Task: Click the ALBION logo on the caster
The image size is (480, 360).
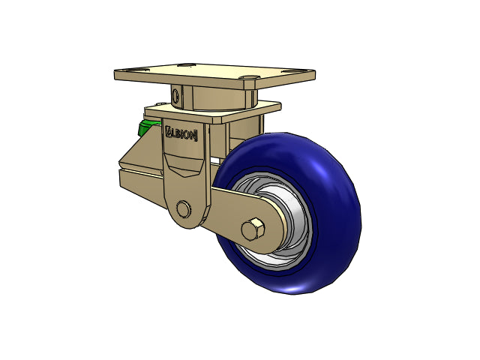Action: (x=181, y=134)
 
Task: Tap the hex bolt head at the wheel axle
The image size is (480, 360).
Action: (x=253, y=229)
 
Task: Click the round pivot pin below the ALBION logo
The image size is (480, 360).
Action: (x=183, y=209)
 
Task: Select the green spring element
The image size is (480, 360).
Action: (x=147, y=128)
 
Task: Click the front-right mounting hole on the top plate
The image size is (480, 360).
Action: (x=250, y=77)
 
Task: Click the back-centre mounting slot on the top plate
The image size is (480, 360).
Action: (x=186, y=65)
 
